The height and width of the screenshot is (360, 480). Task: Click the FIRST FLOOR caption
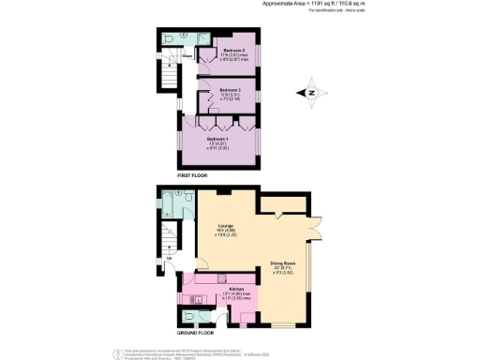[192, 175]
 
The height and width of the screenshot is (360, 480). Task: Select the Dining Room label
[284, 265]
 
